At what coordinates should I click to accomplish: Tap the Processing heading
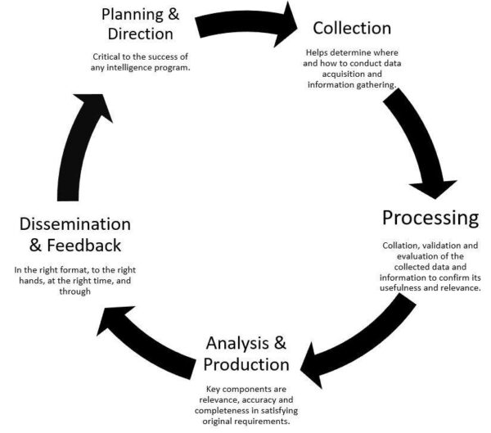pos(430,218)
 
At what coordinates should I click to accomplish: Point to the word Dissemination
pos(75,223)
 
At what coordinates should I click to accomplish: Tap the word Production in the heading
pos(245,363)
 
